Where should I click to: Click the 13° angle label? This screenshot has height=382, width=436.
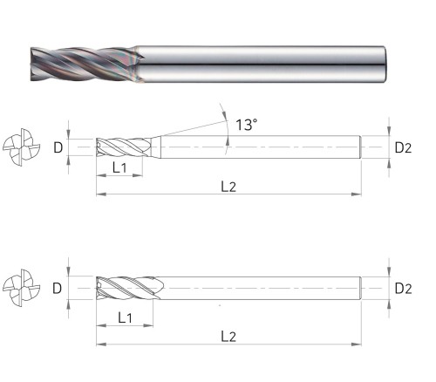click(x=246, y=125)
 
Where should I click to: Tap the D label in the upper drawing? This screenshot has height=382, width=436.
click(x=58, y=148)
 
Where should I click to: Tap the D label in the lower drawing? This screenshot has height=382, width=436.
click(x=58, y=289)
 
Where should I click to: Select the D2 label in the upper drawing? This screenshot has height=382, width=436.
click(x=403, y=148)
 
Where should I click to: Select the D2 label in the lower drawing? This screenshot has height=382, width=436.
click(x=403, y=289)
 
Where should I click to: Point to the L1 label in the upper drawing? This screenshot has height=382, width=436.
click(x=119, y=167)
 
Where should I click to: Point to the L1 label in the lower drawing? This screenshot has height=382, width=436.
click(x=125, y=317)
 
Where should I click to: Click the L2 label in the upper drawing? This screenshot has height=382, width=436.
click(x=228, y=187)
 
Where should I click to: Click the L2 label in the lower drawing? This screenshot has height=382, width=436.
click(x=228, y=337)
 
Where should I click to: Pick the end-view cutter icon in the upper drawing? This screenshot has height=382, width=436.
click(x=22, y=147)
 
